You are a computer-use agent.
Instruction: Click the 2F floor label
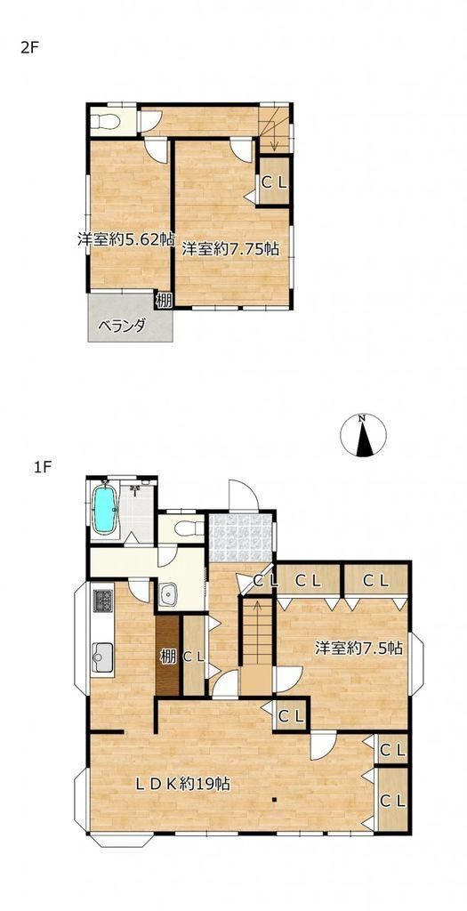coord(29,48)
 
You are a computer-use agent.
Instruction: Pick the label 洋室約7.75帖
coord(230,249)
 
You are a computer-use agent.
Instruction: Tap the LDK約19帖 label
coord(183,785)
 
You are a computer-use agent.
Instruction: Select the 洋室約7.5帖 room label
coord(359,648)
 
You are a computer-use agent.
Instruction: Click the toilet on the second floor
coord(106,122)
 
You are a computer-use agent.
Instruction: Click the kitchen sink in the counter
coord(103,657)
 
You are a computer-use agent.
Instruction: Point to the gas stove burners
coord(103,601)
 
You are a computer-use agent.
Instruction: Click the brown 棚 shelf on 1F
coord(168,655)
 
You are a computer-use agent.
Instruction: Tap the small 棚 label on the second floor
coord(164,301)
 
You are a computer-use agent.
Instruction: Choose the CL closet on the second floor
coord(274,181)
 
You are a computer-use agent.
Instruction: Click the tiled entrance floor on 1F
coord(240,537)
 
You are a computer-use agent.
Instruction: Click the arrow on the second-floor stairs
coord(274,136)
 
